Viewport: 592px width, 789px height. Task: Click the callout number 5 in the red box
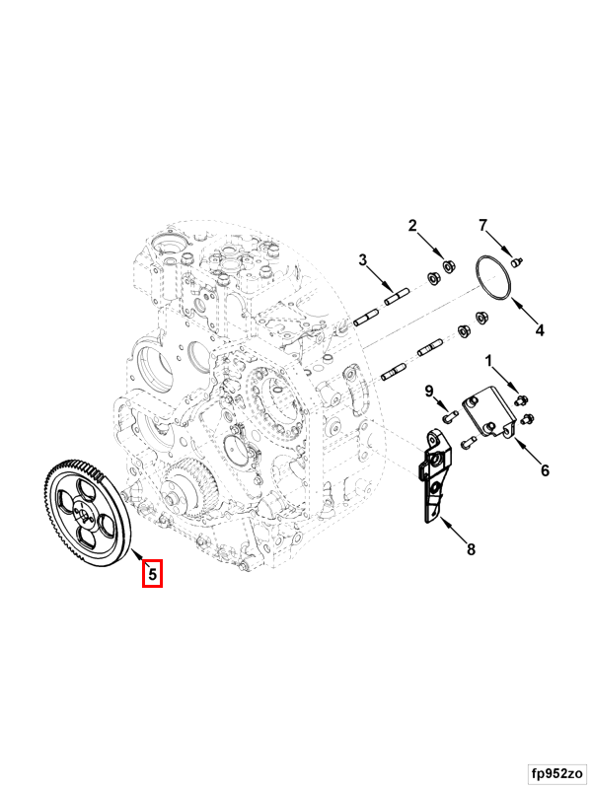[153, 574]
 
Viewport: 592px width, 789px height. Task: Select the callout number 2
[412, 226]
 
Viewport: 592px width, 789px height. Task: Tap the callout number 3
[363, 260]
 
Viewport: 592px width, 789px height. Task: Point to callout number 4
[540, 330]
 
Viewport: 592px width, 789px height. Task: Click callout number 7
[483, 226]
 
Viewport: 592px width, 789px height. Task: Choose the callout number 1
[487, 361]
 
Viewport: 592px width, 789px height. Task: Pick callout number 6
[545, 470]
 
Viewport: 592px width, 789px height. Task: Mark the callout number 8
[471, 549]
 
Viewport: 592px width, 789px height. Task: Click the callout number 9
[429, 391]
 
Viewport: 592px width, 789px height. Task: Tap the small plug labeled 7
[516, 261]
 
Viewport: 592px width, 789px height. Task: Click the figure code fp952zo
[557, 772]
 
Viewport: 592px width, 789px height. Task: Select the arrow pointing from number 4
[524, 311]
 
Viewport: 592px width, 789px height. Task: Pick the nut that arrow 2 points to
[447, 265]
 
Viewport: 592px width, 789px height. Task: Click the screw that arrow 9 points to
[449, 415]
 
